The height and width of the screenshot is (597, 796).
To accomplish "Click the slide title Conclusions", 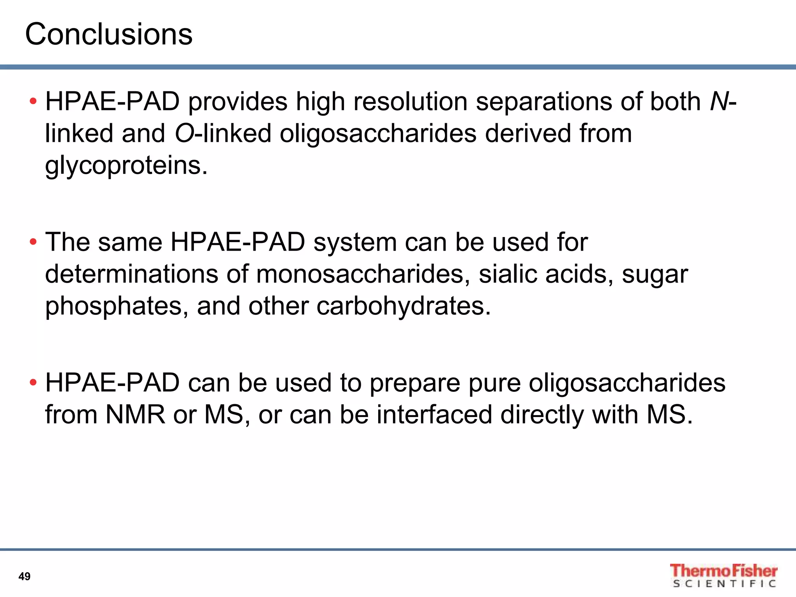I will click(109, 34).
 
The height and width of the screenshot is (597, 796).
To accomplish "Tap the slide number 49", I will click(24, 576).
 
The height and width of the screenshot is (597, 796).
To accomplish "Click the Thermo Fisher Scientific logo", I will click(723, 576).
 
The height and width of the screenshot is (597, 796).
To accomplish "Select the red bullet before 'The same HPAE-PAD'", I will click(33, 242).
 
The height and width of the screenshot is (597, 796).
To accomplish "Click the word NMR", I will click(135, 414).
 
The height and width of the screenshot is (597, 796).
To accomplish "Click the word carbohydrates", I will click(403, 306).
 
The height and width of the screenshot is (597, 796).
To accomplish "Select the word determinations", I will click(131, 274).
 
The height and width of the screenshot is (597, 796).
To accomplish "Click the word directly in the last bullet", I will click(542, 415).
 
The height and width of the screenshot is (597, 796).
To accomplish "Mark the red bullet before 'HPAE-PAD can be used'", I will click(33, 382).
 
